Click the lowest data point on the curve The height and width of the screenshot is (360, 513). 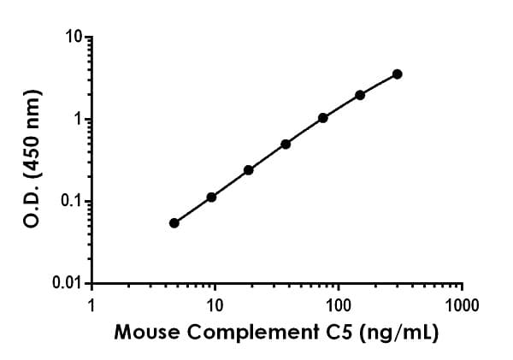pyautogui.click(x=174, y=223)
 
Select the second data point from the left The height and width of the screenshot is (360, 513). pyautogui.click(x=211, y=197)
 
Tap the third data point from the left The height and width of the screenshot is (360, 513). pyautogui.click(x=249, y=170)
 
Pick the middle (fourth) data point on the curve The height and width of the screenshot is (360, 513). pyautogui.click(x=286, y=144)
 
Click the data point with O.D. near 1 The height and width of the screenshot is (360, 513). pyautogui.click(x=323, y=118)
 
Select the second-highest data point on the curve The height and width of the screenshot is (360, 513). pyautogui.click(x=360, y=95)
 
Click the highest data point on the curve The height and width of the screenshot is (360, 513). pyautogui.click(x=398, y=74)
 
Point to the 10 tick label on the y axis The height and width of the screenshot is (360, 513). pyautogui.click(x=74, y=38)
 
